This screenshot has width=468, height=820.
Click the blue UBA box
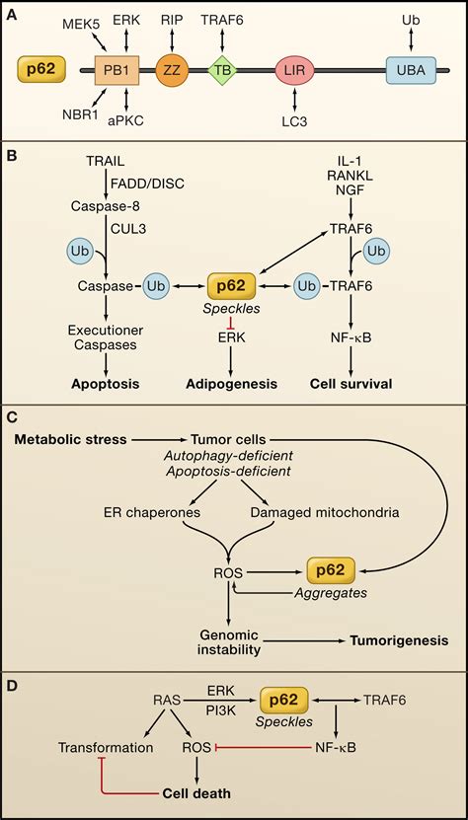[x=411, y=70]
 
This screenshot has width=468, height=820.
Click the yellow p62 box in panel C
[x=333, y=569]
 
